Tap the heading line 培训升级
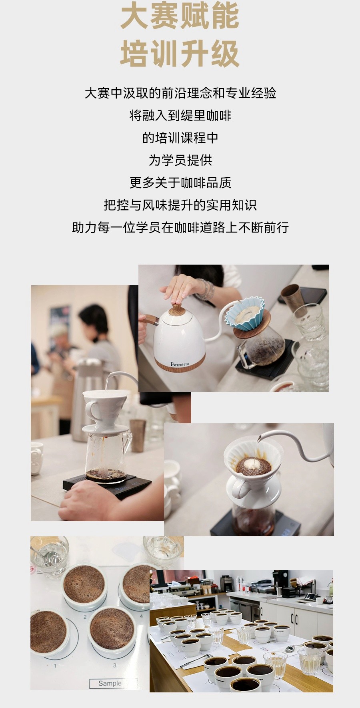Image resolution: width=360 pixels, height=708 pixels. click(x=180, y=54)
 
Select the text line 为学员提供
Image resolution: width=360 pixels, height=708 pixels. click(x=180, y=160)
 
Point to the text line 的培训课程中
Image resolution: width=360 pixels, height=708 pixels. click(x=180, y=138)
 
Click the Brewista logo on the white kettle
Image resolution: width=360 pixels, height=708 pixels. click(x=179, y=364)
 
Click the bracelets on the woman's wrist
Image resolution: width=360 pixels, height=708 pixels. click(x=205, y=290)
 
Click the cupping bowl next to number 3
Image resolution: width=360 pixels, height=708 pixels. click(x=112, y=628)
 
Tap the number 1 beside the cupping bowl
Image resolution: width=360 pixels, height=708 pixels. click(x=55, y=666)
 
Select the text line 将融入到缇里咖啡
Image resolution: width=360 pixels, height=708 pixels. click(x=180, y=116)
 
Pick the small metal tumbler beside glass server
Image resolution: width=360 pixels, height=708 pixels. click(x=138, y=435)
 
